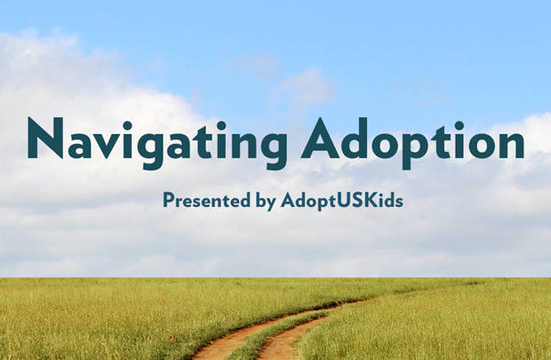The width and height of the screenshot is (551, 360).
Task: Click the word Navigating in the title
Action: [x=157, y=143]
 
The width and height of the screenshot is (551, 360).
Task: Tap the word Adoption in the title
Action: [x=413, y=143]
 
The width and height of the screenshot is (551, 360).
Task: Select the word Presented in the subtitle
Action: [x=206, y=200]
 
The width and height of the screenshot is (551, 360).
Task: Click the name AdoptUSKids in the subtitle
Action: [x=342, y=201]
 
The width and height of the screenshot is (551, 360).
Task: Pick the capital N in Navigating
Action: [x=45, y=138]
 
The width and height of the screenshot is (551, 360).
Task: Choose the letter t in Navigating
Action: [x=206, y=141]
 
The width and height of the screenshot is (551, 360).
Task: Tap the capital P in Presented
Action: [x=169, y=200]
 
